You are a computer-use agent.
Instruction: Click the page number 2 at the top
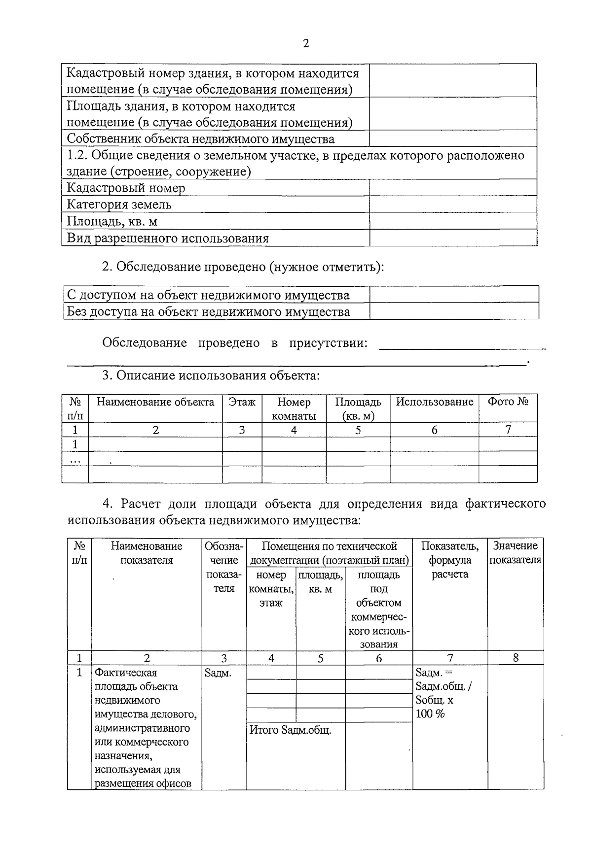tap(305, 44)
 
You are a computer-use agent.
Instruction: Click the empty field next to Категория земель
tap(453, 204)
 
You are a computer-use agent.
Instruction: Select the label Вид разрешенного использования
tap(168, 238)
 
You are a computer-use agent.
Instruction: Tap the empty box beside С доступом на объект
tap(454, 295)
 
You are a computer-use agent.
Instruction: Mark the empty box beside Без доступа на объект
tap(454, 311)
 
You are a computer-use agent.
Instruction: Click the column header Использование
tap(434, 402)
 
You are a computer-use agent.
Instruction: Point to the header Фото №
tap(508, 402)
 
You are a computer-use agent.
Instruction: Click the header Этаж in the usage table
tap(242, 402)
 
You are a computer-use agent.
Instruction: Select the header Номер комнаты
tap(294, 408)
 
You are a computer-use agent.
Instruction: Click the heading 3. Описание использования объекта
tap(211, 375)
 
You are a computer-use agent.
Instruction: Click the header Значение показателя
tap(515, 553)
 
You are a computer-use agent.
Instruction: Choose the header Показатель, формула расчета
tap(449, 560)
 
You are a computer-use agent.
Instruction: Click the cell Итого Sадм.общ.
tap(291, 730)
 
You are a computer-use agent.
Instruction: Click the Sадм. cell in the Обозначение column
tap(218, 673)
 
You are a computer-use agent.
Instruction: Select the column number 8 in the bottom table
tap(516, 658)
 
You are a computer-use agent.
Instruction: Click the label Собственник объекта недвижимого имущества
tap(200, 139)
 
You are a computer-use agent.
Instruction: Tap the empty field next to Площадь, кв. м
tap(453, 221)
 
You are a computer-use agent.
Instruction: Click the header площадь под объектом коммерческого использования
tap(378, 610)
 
